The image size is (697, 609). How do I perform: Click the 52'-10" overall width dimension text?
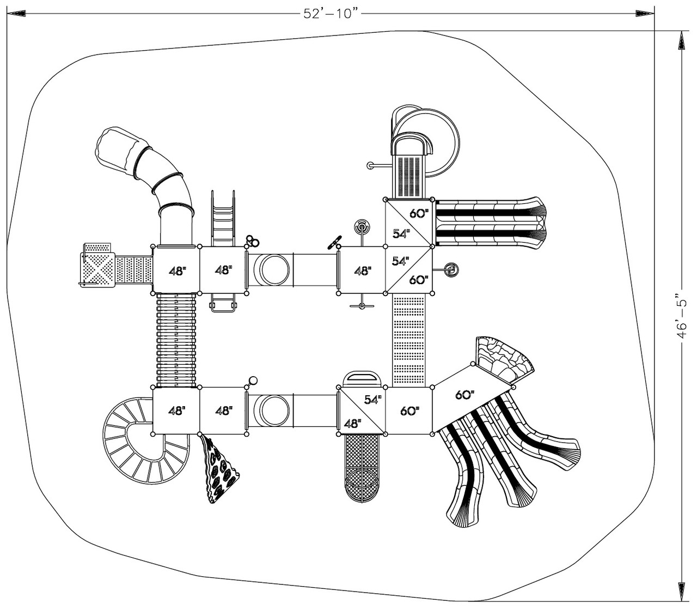click(x=333, y=13)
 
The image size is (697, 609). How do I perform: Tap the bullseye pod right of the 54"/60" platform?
click(x=451, y=269)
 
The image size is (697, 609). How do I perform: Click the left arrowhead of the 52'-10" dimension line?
click(x=15, y=13)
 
